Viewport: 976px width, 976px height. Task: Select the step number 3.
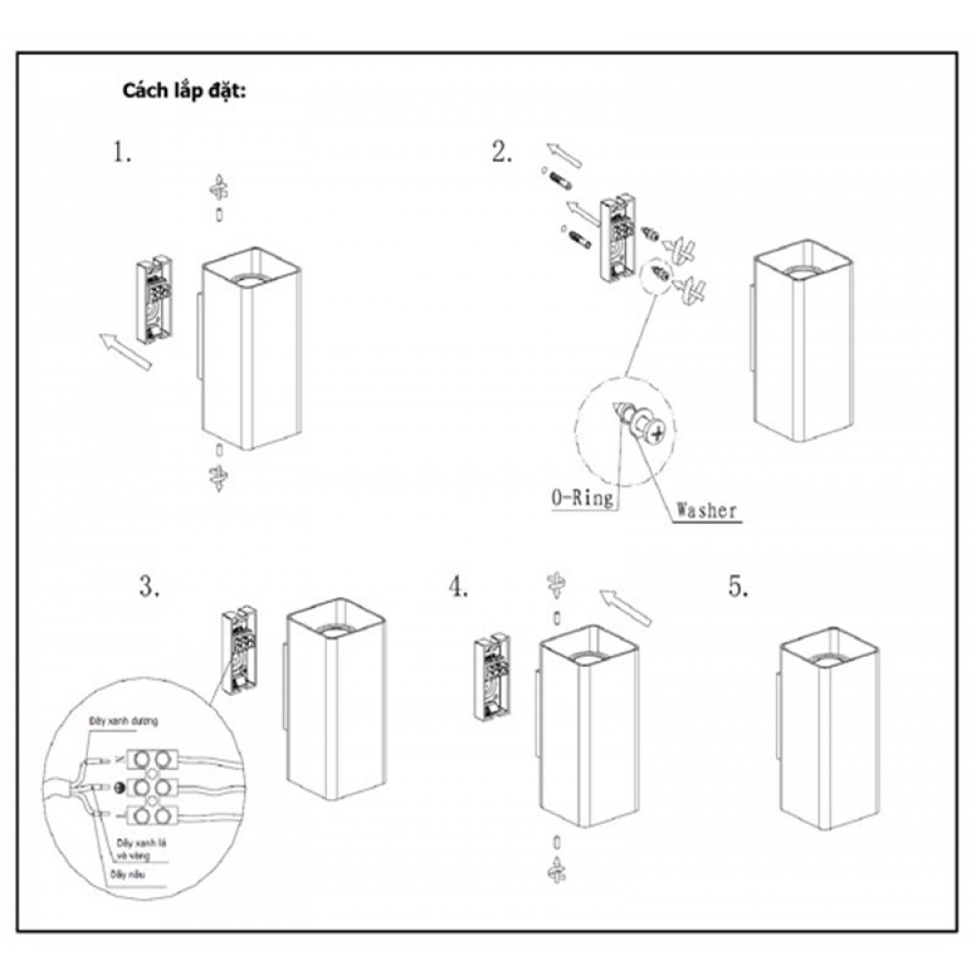147,589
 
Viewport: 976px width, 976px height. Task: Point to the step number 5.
738,587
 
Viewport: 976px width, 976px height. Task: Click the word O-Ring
582,498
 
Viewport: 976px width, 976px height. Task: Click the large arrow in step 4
625,606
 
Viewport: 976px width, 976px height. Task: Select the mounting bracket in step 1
154,300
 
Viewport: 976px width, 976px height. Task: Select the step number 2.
502,153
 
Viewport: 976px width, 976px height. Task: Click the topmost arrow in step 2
563,154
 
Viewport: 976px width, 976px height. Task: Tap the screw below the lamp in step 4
556,866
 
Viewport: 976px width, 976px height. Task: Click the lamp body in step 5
830,732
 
